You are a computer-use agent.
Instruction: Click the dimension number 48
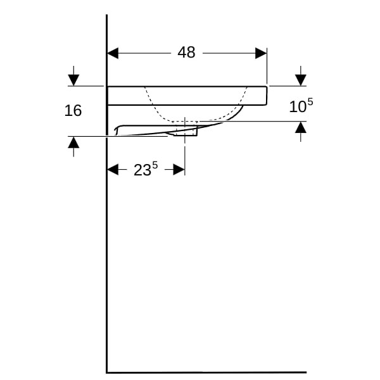[x=186, y=53]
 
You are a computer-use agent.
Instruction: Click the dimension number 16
[x=73, y=110]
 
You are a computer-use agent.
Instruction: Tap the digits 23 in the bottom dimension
[x=142, y=170]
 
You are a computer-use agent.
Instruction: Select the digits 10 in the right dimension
[x=298, y=107]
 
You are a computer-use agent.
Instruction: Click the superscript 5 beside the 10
[x=310, y=102]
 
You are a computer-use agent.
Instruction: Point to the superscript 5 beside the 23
[x=155, y=166]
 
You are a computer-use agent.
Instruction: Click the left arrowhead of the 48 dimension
[x=113, y=53]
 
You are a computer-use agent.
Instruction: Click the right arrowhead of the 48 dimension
[x=261, y=53]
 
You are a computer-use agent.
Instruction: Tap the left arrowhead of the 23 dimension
[x=113, y=169]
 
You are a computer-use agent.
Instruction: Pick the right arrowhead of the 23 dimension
[x=179, y=169]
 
